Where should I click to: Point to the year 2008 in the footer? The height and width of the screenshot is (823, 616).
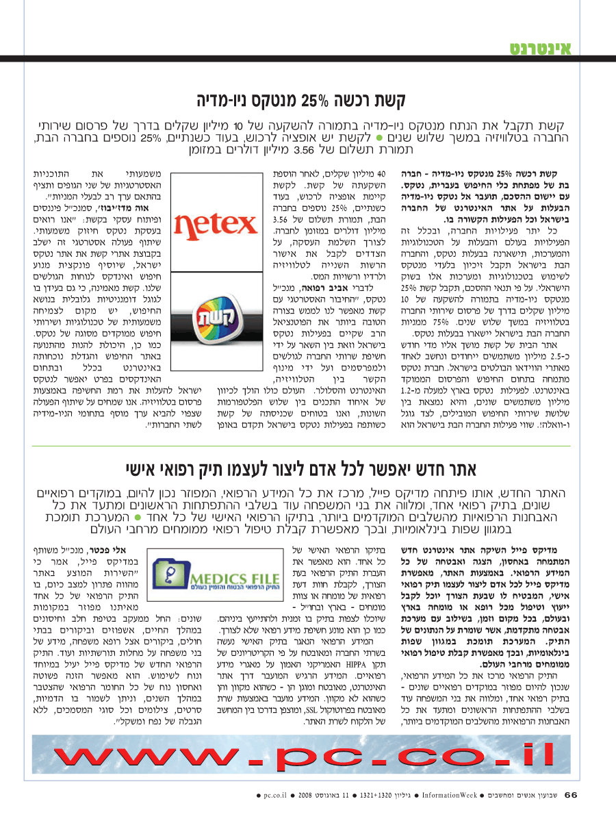pos(305,796)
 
